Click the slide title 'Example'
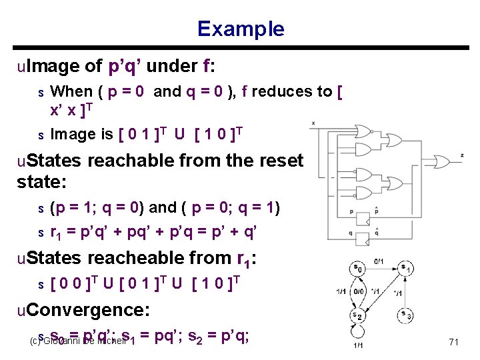click(240, 29)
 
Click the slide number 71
click(453, 342)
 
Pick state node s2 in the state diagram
click(357, 315)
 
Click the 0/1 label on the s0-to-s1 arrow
click(379, 261)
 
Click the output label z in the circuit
click(462, 155)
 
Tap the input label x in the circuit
click(313, 123)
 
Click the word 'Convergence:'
click(84, 310)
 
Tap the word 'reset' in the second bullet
click(281, 161)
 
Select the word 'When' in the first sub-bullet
click(72, 91)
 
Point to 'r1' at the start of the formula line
click(58, 232)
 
